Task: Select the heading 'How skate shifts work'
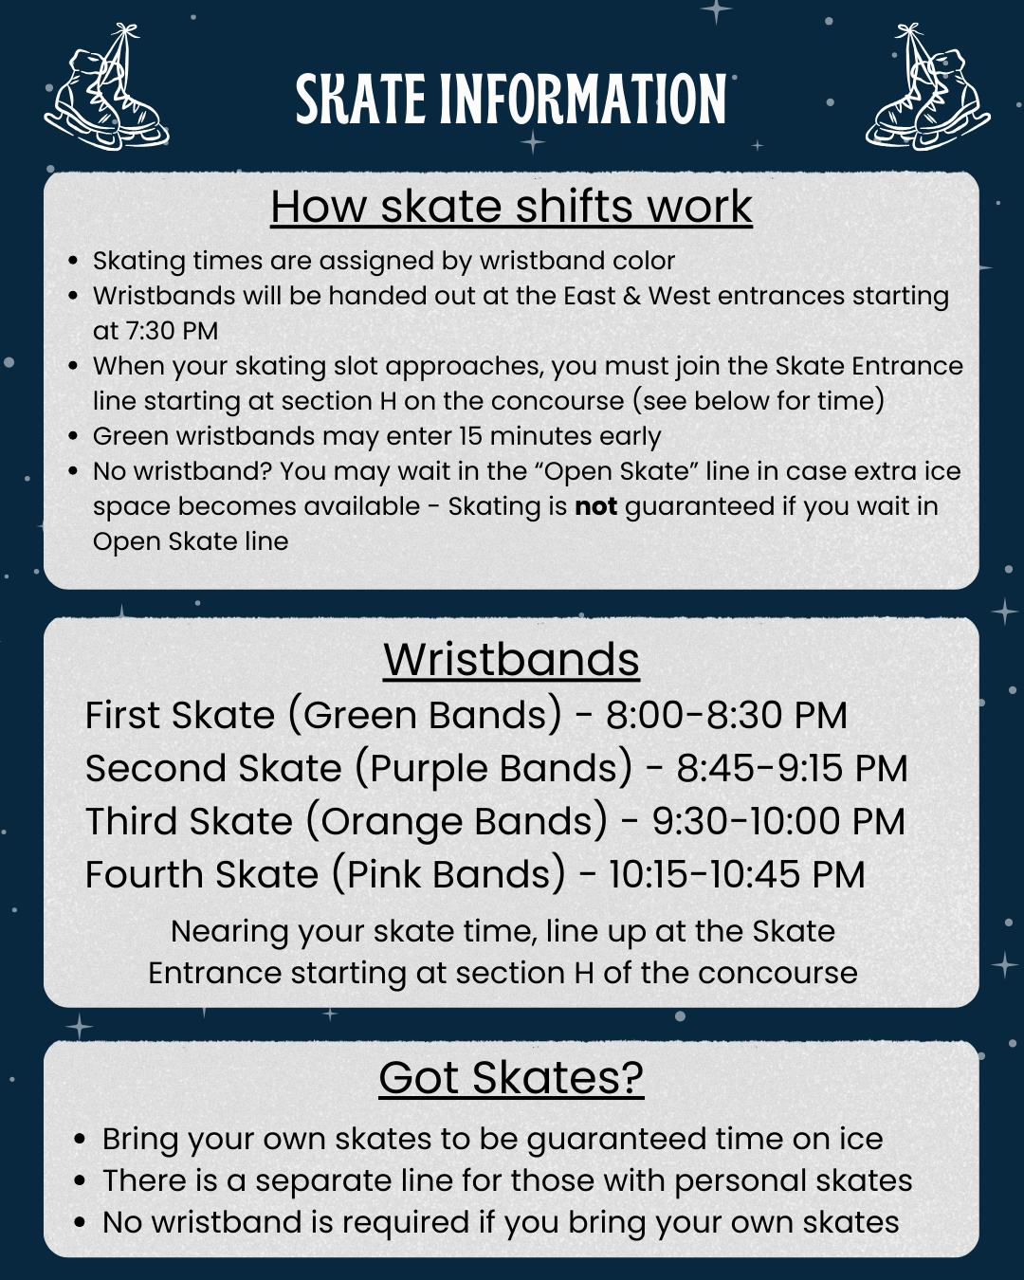click(x=511, y=207)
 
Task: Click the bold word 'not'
click(x=595, y=506)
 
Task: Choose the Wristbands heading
click(x=511, y=659)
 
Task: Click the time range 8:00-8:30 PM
click(x=726, y=715)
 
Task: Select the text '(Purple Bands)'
click(x=493, y=768)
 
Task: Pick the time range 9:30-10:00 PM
click(x=778, y=821)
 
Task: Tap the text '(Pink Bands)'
click(x=448, y=874)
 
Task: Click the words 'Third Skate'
click(x=189, y=821)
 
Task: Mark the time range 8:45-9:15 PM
click(x=792, y=768)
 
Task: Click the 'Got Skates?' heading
click(x=511, y=1078)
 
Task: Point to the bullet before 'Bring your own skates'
click(x=81, y=1139)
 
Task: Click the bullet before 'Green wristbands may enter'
click(x=73, y=436)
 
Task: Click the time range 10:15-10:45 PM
click(x=737, y=874)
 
